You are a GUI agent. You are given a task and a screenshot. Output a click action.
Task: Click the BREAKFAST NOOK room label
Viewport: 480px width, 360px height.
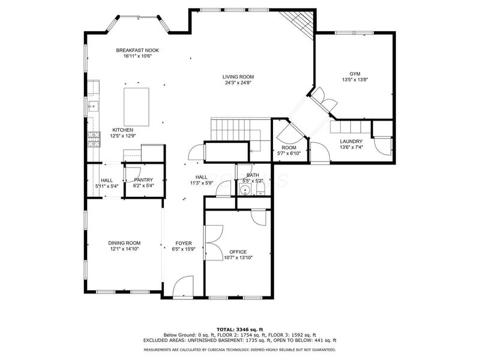click(x=137, y=50)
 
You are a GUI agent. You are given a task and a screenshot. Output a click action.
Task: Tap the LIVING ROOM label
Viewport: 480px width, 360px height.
click(x=238, y=77)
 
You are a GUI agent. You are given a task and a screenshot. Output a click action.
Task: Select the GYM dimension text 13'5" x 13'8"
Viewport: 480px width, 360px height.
click(x=355, y=80)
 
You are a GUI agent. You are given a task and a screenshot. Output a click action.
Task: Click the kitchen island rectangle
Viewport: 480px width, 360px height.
click(x=137, y=107)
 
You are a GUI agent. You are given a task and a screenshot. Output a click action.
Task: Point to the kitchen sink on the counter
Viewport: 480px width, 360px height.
click(x=93, y=107)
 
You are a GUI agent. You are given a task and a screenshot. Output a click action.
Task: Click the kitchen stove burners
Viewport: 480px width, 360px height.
click(x=94, y=139)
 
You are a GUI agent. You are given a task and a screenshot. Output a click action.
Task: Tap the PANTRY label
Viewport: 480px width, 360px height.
click(x=143, y=180)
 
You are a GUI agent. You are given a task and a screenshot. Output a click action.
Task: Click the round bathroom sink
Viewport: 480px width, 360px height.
click(x=245, y=190)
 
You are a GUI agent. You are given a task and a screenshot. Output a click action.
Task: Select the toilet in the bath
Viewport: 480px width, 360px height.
click(x=260, y=190)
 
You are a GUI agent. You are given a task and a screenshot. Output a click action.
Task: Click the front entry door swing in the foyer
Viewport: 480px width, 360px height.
click(x=183, y=286)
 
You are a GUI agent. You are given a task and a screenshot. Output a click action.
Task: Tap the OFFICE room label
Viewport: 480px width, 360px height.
click(x=238, y=252)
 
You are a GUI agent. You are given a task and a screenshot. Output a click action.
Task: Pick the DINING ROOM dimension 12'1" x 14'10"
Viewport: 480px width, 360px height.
click(x=125, y=249)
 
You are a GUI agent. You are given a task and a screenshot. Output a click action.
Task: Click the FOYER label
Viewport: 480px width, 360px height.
click(x=184, y=244)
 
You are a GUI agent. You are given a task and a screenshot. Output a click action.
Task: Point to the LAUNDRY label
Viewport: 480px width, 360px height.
click(x=351, y=142)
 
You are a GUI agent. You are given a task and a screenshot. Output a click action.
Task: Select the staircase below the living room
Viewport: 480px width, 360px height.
click(x=236, y=134)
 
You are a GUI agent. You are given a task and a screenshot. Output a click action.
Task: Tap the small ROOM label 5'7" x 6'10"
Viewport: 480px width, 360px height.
click(x=289, y=148)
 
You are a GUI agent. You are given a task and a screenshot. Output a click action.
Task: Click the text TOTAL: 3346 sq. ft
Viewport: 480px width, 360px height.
click(x=240, y=329)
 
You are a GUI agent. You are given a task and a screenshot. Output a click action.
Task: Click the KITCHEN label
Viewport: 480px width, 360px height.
click(x=123, y=130)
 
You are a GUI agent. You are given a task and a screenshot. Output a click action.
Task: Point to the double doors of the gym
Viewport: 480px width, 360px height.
click(x=325, y=101)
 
